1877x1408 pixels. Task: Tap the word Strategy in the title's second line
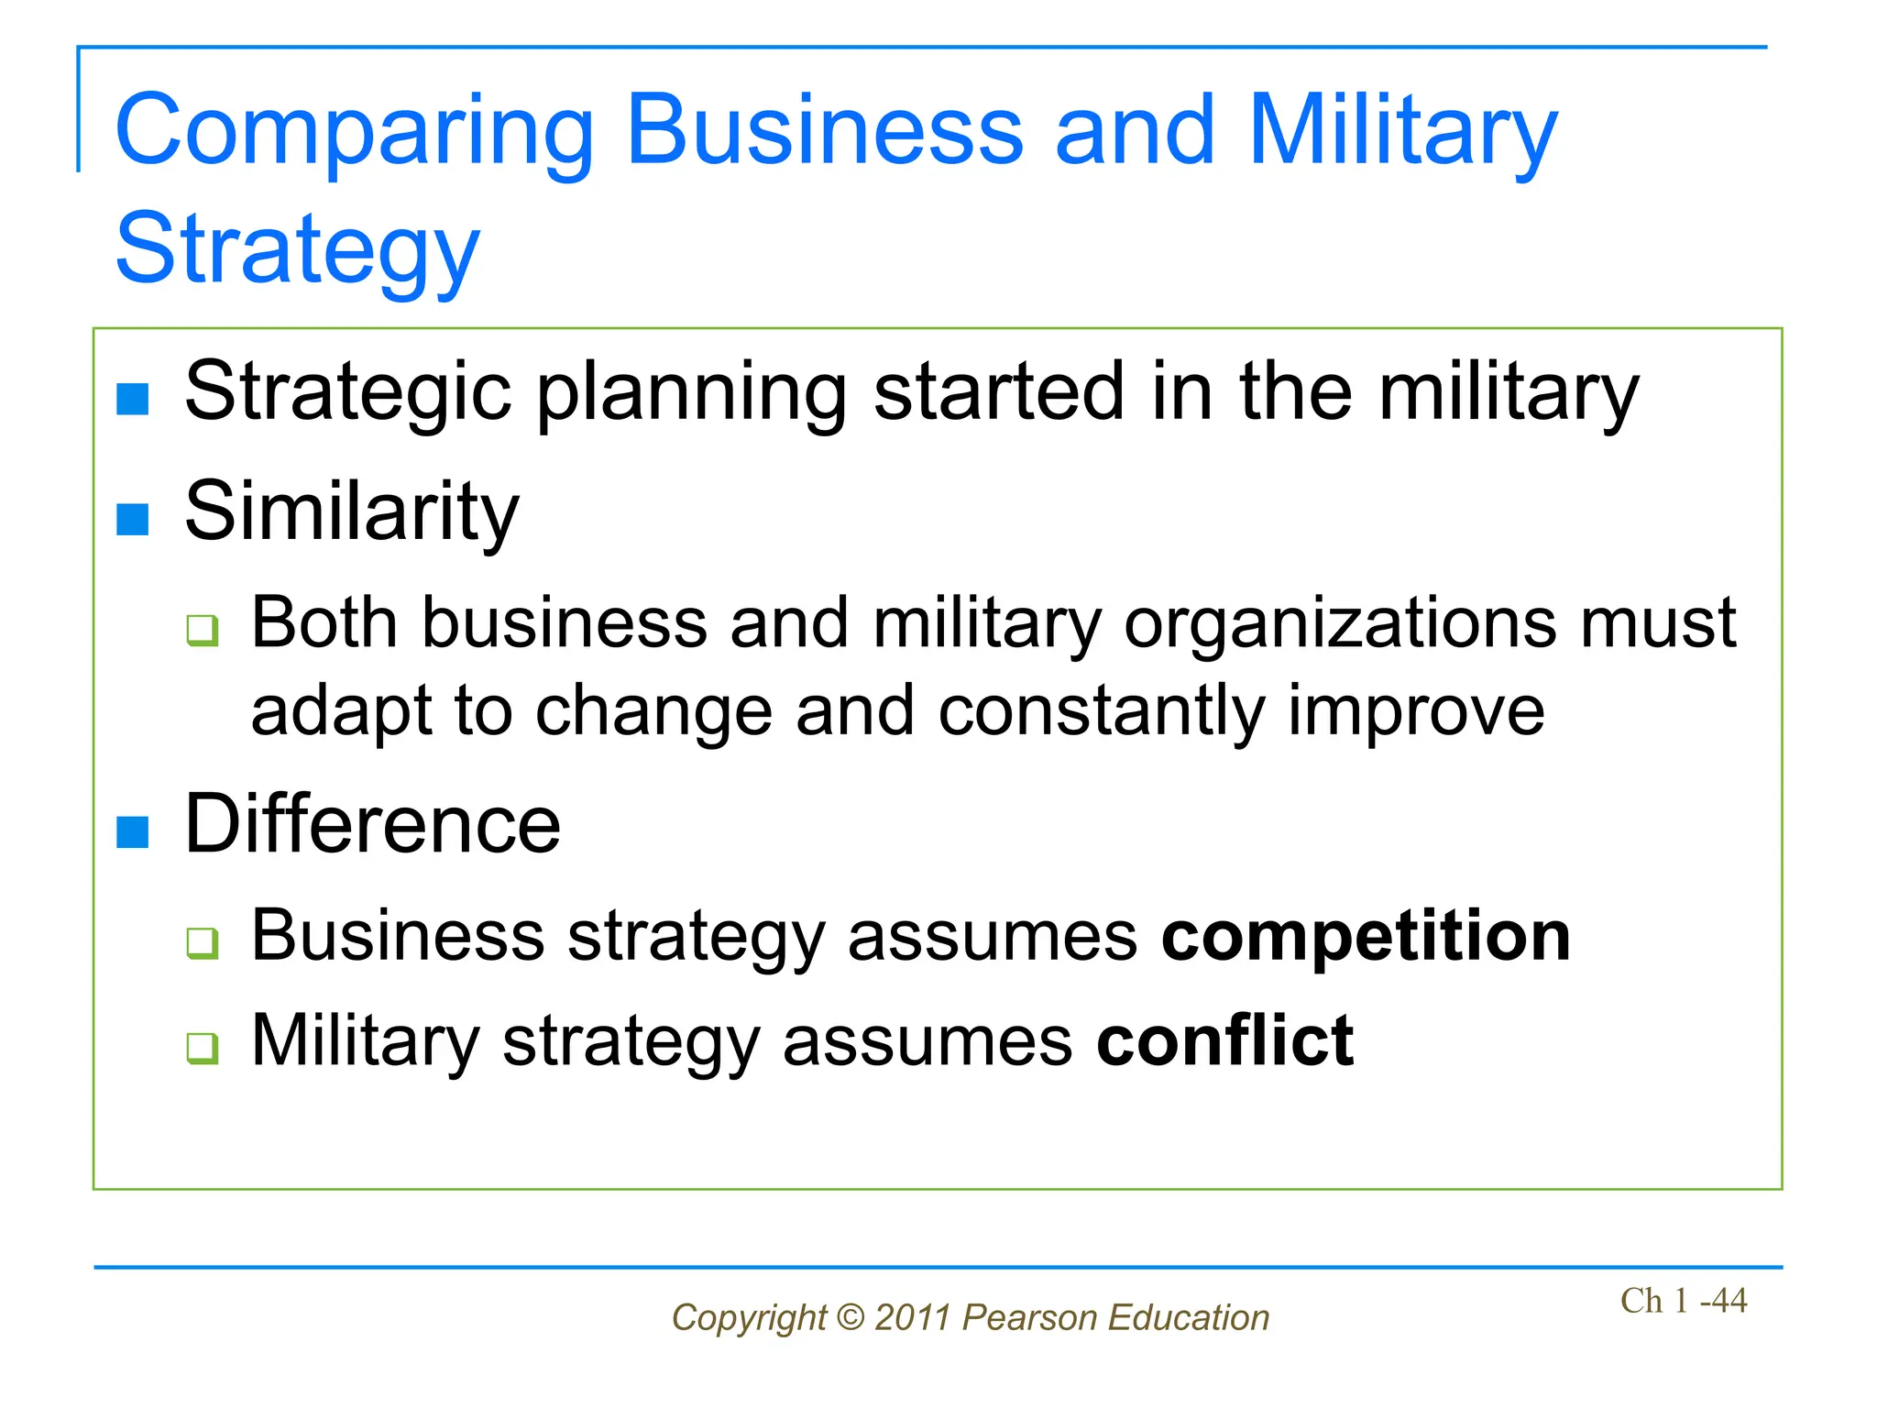point(298,250)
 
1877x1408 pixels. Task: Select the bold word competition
point(1366,937)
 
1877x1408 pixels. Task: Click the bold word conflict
point(1224,1041)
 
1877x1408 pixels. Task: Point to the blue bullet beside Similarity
point(133,519)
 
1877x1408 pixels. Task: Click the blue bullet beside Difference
point(133,832)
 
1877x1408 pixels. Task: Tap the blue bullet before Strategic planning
point(133,400)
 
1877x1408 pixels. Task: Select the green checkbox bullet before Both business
point(203,631)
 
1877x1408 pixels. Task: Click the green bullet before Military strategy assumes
point(203,1048)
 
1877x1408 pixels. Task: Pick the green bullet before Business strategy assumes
point(203,942)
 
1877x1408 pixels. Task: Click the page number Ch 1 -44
point(1684,1301)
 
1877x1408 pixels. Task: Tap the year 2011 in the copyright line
point(912,1318)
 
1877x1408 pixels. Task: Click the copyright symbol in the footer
point(851,1318)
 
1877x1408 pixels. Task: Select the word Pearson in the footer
point(1030,1318)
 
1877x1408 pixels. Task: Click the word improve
point(1417,711)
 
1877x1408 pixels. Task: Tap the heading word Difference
point(372,824)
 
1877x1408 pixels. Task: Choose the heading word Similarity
point(352,512)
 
